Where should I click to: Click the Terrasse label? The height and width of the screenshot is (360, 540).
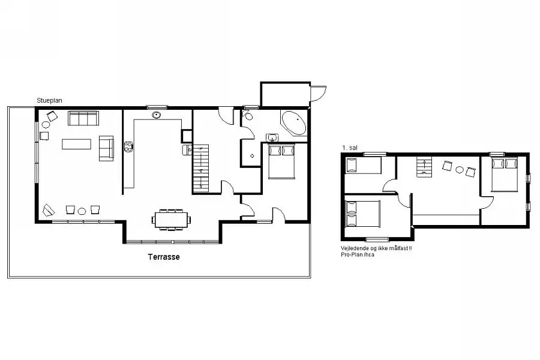[x=164, y=257]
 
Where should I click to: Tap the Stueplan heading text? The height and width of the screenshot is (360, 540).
[x=49, y=101]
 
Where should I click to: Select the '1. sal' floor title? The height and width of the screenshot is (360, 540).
[x=350, y=148]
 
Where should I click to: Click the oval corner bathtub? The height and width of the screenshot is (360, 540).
[x=294, y=122]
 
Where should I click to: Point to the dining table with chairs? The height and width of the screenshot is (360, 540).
[x=171, y=220]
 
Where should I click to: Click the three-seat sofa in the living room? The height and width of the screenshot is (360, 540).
[x=83, y=118]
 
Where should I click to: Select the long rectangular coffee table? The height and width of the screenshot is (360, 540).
[x=76, y=144]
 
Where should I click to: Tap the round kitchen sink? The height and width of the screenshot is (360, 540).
[x=157, y=115]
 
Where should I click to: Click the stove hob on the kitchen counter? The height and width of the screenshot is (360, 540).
[x=128, y=147]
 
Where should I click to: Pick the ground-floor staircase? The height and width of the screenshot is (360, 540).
[x=200, y=168]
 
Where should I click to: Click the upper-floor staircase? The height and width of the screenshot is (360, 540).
[x=424, y=167]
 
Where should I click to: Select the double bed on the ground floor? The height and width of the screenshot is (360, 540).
[x=282, y=161]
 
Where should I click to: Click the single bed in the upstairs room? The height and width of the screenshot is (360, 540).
[x=364, y=166]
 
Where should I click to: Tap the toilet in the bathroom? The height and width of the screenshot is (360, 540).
[x=248, y=115]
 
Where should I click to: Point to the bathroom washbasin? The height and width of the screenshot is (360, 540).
[x=273, y=138]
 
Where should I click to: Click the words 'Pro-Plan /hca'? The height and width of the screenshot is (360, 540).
[x=358, y=255]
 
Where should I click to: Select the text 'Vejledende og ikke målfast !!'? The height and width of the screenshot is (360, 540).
[x=376, y=248]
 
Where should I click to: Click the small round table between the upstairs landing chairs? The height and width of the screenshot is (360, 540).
[x=460, y=169]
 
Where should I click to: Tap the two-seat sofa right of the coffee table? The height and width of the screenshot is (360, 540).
[x=106, y=148]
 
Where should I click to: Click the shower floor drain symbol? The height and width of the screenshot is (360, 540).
[x=252, y=156]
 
